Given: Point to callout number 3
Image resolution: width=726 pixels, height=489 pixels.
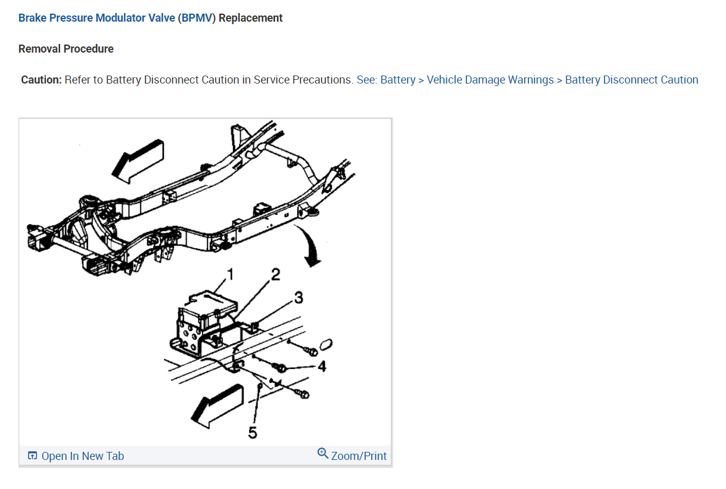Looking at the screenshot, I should (x=298, y=298).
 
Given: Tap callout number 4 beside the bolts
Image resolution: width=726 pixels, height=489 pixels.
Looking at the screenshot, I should (x=321, y=366).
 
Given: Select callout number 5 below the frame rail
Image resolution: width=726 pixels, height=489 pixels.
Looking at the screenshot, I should (x=252, y=432).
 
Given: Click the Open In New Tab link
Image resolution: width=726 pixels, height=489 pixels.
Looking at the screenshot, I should (x=82, y=456).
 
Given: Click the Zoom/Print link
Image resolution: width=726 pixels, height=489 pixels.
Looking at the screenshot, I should (x=359, y=456).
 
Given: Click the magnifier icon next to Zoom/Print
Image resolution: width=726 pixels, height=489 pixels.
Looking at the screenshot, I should (x=323, y=454).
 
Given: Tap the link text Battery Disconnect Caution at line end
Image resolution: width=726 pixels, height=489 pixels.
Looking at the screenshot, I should (x=631, y=80).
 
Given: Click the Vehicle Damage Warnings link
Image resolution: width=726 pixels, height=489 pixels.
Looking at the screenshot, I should (x=490, y=80).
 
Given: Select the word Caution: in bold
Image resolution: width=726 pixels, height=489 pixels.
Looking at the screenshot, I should (x=42, y=80).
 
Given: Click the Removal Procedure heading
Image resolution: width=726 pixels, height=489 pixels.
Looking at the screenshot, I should (x=66, y=49).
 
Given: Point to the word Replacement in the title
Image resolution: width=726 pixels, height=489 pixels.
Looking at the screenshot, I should (x=251, y=18).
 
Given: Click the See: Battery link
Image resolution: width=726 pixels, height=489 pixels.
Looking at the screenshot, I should (x=386, y=80).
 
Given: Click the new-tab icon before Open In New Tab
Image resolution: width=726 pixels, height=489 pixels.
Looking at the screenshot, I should (x=33, y=456).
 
